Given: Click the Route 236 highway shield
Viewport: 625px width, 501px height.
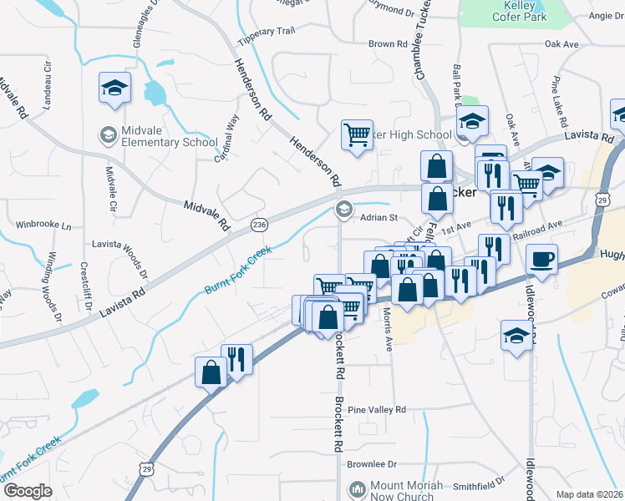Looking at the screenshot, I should [260, 225].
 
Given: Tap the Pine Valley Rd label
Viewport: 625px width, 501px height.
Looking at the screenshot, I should [377, 410].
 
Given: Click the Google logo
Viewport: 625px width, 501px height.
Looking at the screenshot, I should [28, 490].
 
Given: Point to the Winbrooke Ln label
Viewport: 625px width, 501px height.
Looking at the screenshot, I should [44, 225].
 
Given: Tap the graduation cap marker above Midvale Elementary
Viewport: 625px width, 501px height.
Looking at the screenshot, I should [114, 88].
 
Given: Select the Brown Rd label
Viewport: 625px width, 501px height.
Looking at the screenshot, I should [387, 43].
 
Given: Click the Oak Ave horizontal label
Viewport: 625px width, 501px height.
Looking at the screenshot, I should [561, 43].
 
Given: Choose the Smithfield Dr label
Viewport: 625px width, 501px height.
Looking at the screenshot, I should [479, 483].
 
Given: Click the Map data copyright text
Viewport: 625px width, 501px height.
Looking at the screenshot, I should [590, 494].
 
